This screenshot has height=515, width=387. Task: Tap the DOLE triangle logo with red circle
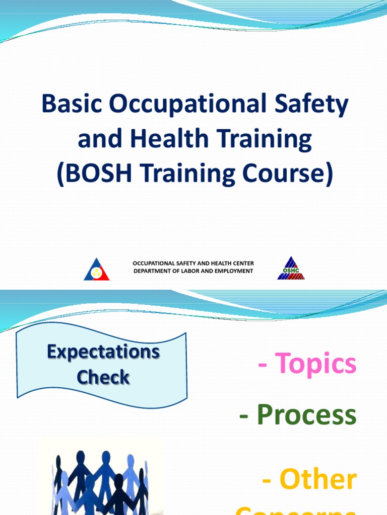click(96, 270)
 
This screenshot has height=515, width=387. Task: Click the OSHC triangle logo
click(291, 269)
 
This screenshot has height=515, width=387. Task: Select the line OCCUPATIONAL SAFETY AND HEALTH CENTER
click(193, 264)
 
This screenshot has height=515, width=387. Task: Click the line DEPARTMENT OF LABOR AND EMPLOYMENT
click(193, 271)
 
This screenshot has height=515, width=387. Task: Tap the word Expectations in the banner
click(103, 352)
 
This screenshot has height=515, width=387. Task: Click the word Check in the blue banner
click(103, 377)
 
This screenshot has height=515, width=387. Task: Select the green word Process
click(306, 415)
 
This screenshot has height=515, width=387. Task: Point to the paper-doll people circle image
click(101, 478)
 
